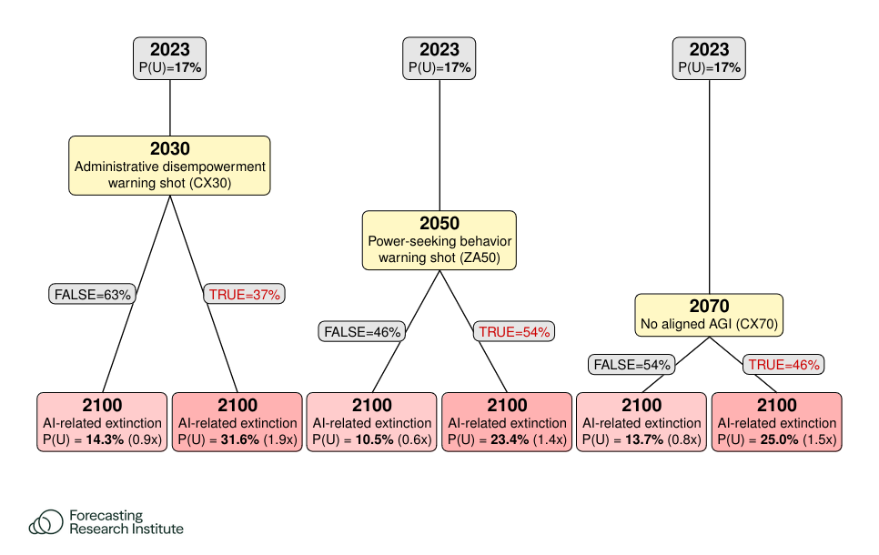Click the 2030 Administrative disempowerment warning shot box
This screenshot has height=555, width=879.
pyautogui.click(x=169, y=166)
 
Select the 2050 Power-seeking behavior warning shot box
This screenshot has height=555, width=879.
pyautogui.click(x=439, y=240)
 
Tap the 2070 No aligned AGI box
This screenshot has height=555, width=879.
pyautogui.click(x=709, y=315)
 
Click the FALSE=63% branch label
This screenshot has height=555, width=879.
pyautogui.click(x=92, y=294)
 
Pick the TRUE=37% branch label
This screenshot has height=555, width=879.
pyautogui.click(x=245, y=294)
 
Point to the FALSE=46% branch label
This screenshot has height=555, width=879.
pyautogui.click(x=361, y=332)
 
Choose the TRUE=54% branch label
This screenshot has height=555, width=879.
pyautogui.click(x=514, y=332)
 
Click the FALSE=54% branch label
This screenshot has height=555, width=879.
pyautogui.click(x=631, y=365)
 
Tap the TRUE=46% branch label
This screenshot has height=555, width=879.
pyautogui.click(x=783, y=365)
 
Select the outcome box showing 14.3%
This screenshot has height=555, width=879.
pyautogui.click(x=102, y=422)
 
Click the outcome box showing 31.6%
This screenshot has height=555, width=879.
pyautogui.click(x=237, y=422)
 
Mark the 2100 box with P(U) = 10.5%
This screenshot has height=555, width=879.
pyautogui.click(x=371, y=422)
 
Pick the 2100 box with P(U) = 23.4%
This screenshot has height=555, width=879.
pyautogui.click(x=507, y=422)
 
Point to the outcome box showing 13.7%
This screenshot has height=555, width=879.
pyautogui.click(x=642, y=422)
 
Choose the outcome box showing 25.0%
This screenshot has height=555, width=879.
pyautogui.click(x=776, y=422)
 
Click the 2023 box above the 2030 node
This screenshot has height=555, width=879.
pyautogui.click(x=169, y=58)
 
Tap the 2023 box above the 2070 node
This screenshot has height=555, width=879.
pyautogui.click(x=709, y=58)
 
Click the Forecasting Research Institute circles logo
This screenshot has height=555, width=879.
pyautogui.click(x=46, y=522)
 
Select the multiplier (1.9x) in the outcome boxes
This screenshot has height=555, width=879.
pyautogui.click(x=280, y=439)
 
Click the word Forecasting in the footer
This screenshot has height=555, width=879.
pyautogui.click(x=106, y=516)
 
